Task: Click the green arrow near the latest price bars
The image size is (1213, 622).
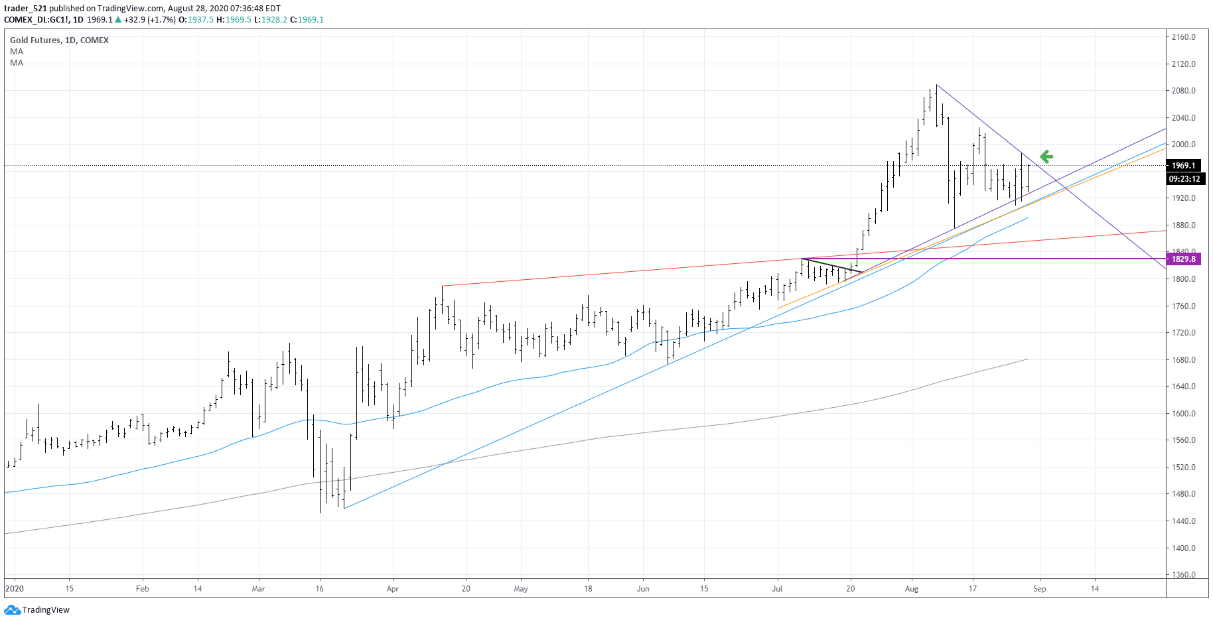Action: (x=1046, y=156)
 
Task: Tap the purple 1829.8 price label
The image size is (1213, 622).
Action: (x=1183, y=259)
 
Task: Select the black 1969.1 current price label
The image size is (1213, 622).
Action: (x=1183, y=166)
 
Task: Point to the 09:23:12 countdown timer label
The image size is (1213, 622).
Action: (x=1184, y=179)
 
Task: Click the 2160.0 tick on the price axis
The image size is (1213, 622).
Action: (x=1183, y=37)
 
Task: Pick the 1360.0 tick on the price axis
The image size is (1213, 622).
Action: (x=1183, y=575)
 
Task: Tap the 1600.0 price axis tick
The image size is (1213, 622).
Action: (x=1183, y=414)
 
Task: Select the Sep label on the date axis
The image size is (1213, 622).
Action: (x=1039, y=589)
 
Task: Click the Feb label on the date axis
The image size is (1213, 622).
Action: (x=142, y=589)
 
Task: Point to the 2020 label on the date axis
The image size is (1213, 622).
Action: (x=14, y=589)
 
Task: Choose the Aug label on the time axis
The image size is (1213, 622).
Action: (x=912, y=589)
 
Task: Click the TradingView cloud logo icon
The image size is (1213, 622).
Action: (x=12, y=610)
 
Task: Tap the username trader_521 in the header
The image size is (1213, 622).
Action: (x=25, y=9)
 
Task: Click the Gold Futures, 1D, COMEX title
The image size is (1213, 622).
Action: (x=59, y=40)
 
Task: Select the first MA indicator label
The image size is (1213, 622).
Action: (x=17, y=52)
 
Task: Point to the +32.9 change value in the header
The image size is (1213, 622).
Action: (x=135, y=20)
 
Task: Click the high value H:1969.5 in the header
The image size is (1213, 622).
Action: (x=234, y=20)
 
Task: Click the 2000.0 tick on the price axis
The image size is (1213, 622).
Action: (x=1183, y=145)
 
